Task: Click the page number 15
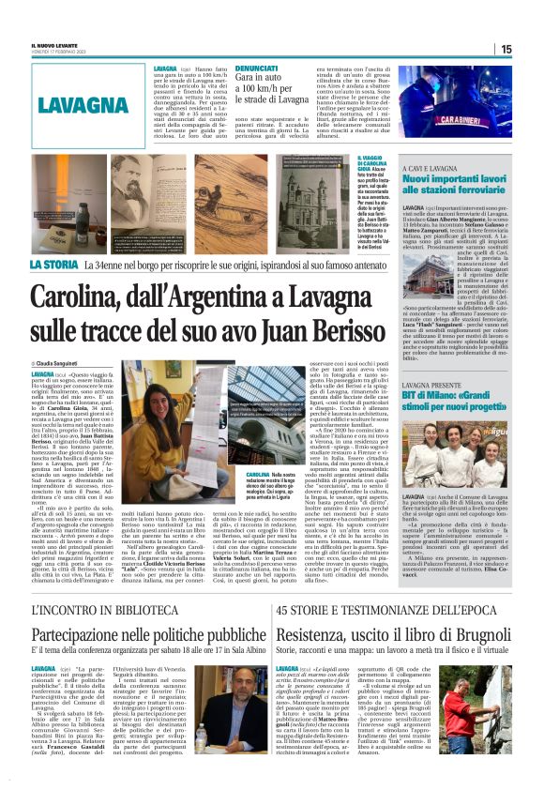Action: [506, 49]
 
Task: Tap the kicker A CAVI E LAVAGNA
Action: [431, 166]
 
